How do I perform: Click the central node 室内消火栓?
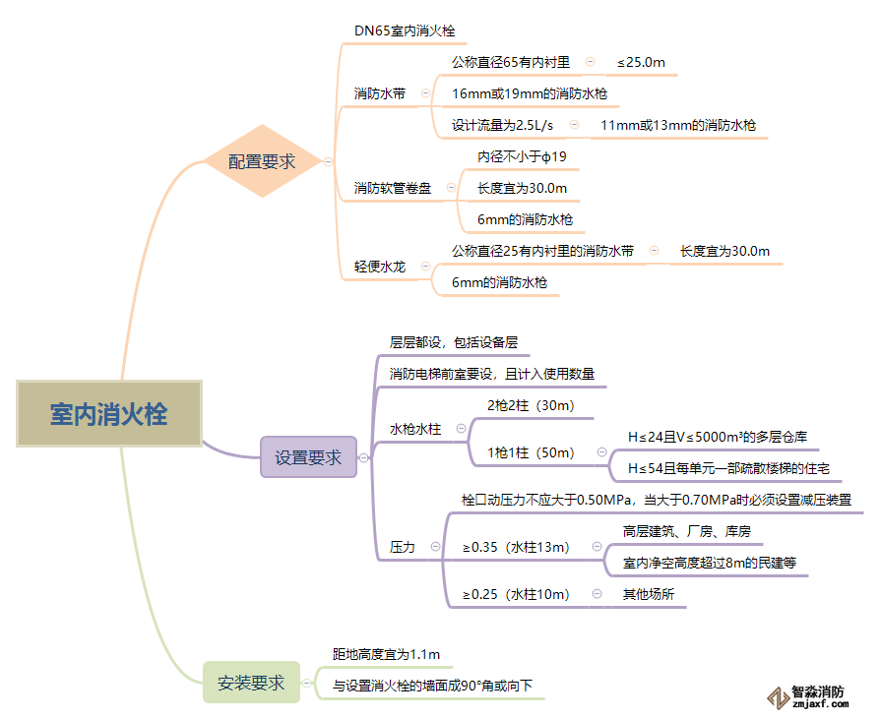[x=108, y=414]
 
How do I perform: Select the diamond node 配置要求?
[x=262, y=161]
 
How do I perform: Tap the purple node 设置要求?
[x=308, y=457]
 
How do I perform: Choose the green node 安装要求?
[x=251, y=683]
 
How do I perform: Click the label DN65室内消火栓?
[x=405, y=31]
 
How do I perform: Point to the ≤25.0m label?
[x=641, y=62]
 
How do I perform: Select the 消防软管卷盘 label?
[x=393, y=188]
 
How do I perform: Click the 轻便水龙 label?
[x=380, y=267]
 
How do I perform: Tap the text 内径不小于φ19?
[x=522, y=156]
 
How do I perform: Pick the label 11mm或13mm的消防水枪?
[x=678, y=125]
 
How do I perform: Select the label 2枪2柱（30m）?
[x=531, y=405]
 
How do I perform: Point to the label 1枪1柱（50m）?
[x=531, y=452]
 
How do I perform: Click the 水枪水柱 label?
[x=415, y=429]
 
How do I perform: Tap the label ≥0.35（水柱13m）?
[x=517, y=547]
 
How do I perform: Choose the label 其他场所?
[x=648, y=594]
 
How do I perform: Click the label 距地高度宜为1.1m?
[x=386, y=654]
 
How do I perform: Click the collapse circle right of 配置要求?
[x=328, y=162]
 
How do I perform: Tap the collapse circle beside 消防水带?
[x=425, y=93]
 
